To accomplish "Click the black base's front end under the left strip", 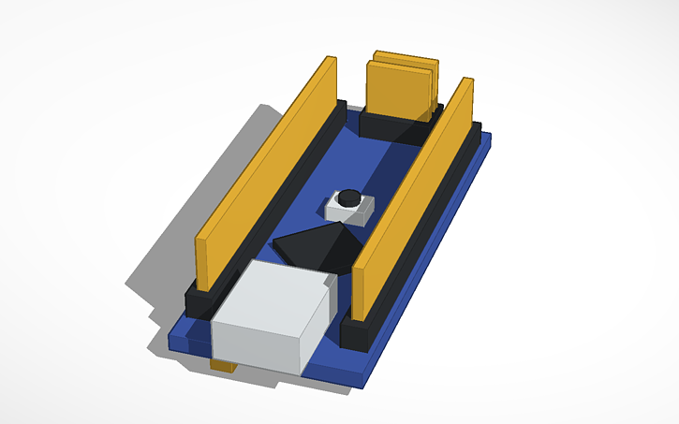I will click(x=199, y=301).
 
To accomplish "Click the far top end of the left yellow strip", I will click(x=329, y=63).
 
